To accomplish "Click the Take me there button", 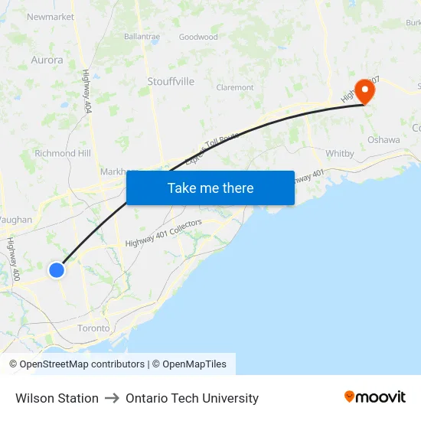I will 210,188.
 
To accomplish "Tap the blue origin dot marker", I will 57,269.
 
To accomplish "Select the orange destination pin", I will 364,91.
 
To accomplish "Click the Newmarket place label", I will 51,16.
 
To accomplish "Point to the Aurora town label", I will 47,60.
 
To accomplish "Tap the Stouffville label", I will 171,81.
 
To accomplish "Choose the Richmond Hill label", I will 63,153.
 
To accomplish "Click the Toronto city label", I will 93,328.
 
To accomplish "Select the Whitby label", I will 340,154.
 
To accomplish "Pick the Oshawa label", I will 383,140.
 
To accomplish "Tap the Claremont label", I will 235,88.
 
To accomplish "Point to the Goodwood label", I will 198,37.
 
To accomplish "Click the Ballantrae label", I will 142,36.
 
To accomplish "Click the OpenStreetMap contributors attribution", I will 81,364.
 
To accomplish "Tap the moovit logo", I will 375,397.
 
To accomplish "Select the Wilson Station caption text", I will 57,398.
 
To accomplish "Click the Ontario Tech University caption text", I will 192,398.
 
